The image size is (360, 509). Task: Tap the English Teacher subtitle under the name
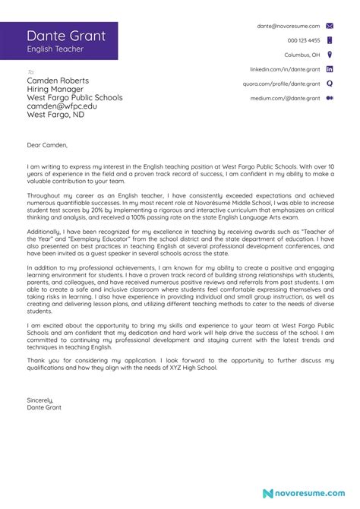pyautogui.click(x=55, y=49)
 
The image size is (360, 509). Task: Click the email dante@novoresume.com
pyautogui.click(x=289, y=26)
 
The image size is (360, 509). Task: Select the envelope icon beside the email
pyautogui.click(x=330, y=26)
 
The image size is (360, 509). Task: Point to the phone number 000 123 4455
pyautogui.click(x=304, y=40)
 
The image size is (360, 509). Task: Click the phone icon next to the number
pyautogui.click(x=330, y=40)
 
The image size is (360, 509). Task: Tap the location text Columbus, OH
pyautogui.click(x=302, y=55)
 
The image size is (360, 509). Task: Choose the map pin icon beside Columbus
pyautogui.click(x=330, y=55)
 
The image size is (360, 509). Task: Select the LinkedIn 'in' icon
pyautogui.click(x=330, y=69)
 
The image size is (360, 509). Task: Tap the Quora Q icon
pyautogui.click(x=330, y=84)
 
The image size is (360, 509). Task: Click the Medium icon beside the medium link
pyautogui.click(x=330, y=98)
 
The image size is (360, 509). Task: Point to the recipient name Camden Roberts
pyautogui.click(x=58, y=81)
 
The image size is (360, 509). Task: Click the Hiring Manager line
pyautogui.click(x=55, y=89)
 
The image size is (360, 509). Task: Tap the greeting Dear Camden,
pyautogui.click(x=47, y=144)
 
